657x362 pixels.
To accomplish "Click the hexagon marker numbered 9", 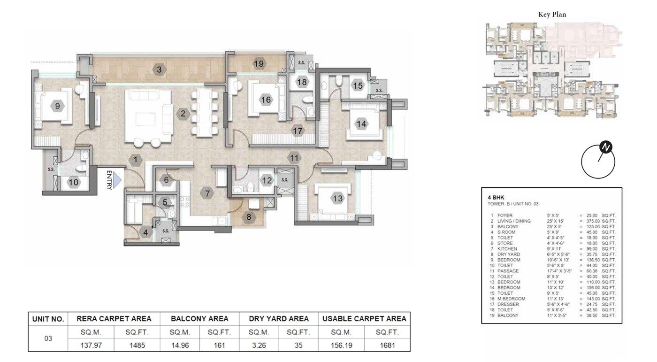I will coord(58,107).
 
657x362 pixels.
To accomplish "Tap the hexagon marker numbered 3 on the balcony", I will coord(160,70).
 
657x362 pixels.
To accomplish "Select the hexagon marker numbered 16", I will coord(266,100).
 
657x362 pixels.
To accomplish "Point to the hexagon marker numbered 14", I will coord(361,124).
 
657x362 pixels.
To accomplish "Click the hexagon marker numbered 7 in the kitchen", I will coord(206,193).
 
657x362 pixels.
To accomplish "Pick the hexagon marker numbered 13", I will coord(337,199).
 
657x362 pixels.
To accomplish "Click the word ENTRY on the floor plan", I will coord(109,180).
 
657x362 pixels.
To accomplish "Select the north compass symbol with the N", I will coord(606,147).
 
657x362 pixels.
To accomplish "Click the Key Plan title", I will coord(552,15).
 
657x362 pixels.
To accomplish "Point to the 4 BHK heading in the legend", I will coord(496,197).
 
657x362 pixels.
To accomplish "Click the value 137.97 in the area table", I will coord(91,346).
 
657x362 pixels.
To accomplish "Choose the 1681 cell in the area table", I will coord(387,346).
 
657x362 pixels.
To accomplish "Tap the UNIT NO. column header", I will coord(48,319).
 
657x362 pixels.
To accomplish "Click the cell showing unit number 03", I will coord(48,339).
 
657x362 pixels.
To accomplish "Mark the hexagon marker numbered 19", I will coord(259,64).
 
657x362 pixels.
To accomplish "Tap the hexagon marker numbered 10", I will coord(74,183).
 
